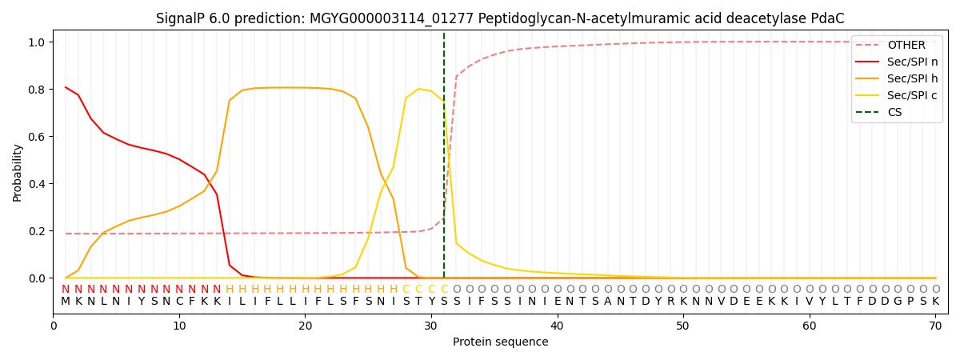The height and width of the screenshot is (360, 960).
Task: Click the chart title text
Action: tap(500, 18)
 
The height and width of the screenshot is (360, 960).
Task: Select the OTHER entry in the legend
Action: tap(906, 45)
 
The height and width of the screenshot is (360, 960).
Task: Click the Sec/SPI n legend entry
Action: tap(912, 62)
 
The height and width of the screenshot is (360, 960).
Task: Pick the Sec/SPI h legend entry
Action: tap(912, 78)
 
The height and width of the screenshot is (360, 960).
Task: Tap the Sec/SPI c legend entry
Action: tap(912, 95)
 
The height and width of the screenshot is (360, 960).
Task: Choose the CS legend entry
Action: tap(894, 112)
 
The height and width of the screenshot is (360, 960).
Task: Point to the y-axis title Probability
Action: tap(18, 173)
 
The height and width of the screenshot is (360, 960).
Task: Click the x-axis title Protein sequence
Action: tap(500, 342)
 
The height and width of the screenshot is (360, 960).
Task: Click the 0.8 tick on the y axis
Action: tap(37, 89)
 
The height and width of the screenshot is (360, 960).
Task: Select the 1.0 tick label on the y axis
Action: tap(37, 42)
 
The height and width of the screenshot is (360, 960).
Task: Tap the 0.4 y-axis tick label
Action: tap(37, 184)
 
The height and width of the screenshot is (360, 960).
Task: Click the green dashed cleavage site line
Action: tap(444, 160)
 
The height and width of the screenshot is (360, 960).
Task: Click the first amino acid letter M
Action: tap(66, 302)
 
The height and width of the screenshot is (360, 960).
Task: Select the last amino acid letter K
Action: tap(935, 302)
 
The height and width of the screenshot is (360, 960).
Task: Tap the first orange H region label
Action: tap(230, 290)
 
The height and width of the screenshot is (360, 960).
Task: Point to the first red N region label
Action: tap(66, 290)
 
